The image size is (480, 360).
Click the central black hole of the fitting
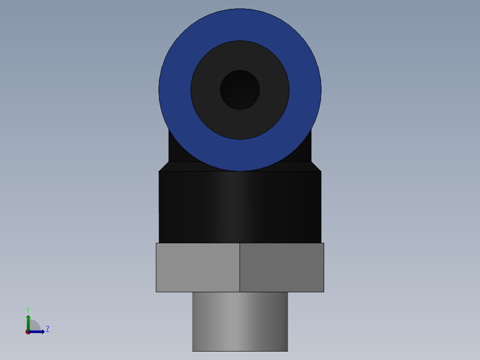[240, 90]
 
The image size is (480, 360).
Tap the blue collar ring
[174, 89]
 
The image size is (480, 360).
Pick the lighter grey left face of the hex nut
[198, 267]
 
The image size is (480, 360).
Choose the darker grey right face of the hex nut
[281, 267]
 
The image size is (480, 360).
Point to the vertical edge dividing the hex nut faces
[240, 267]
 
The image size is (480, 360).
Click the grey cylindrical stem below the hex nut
[240, 321]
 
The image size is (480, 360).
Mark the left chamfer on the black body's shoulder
[164, 166]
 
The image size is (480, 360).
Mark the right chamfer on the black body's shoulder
[316, 166]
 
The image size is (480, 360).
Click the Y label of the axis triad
[28, 309]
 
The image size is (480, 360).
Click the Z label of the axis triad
[48, 329]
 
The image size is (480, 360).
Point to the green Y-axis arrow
[28, 321]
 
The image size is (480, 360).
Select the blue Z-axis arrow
[38, 331]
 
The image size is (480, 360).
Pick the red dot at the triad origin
[28, 332]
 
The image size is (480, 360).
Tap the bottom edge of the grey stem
[240, 351]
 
